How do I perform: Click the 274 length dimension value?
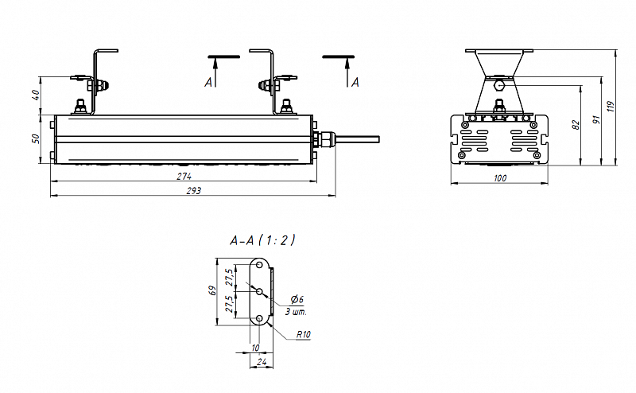[184, 177]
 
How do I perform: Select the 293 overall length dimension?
[193, 190]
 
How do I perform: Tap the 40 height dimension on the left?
[36, 95]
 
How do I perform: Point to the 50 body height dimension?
[36, 138]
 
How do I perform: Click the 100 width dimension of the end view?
[500, 178]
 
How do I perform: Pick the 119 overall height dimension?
[611, 107]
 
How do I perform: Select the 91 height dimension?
[596, 120]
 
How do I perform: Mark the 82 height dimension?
[576, 125]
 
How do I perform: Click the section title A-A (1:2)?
[262, 240]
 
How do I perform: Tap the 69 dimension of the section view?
[211, 290]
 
